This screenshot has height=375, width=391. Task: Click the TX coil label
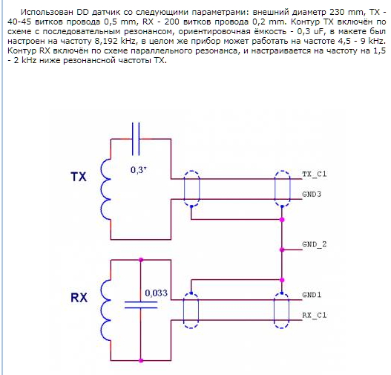coord(79,177)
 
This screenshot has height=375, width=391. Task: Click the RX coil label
coord(79,298)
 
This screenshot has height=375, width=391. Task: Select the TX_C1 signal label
coord(314,174)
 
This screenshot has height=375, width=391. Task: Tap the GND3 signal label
coord(312,194)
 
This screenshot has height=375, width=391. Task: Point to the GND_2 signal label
coord(314,244)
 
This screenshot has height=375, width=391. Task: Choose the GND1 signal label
coord(312,295)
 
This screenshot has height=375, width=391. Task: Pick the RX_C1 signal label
coord(314,315)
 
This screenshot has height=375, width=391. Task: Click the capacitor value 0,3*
coord(139,170)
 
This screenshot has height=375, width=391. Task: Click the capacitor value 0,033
coord(156,293)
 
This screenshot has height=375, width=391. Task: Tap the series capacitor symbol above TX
coord(136,139)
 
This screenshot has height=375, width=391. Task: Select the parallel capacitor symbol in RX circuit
coord(141,305)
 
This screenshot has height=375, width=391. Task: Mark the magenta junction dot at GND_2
coord(282,250)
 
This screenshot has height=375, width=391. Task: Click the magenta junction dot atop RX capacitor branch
coord(141,260)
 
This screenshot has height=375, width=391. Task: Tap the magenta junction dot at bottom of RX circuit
coord(141,361)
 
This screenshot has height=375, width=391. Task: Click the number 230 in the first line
coord(338,12)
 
